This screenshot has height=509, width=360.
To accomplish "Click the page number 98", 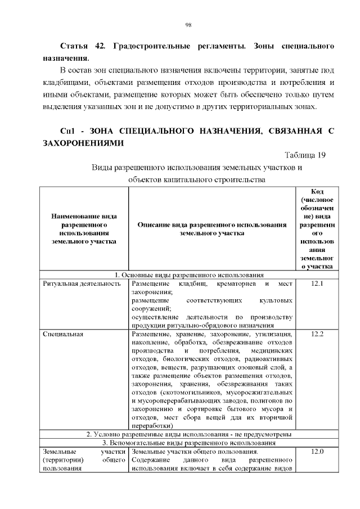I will [x=188, y=25].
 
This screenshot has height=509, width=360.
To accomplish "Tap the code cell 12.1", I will [x=317, y=284].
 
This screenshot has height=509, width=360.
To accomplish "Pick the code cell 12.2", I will [x=317, y=335].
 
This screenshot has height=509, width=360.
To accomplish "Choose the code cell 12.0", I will [x=317, y=452].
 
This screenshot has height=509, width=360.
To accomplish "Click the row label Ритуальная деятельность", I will [x=82, y=284].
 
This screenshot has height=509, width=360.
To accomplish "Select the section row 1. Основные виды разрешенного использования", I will [x=189, y=276].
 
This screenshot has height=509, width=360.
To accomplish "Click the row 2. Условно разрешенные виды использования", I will [x=189, y=435].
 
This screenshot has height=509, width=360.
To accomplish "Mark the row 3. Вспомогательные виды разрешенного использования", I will [x=189, y=443].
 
